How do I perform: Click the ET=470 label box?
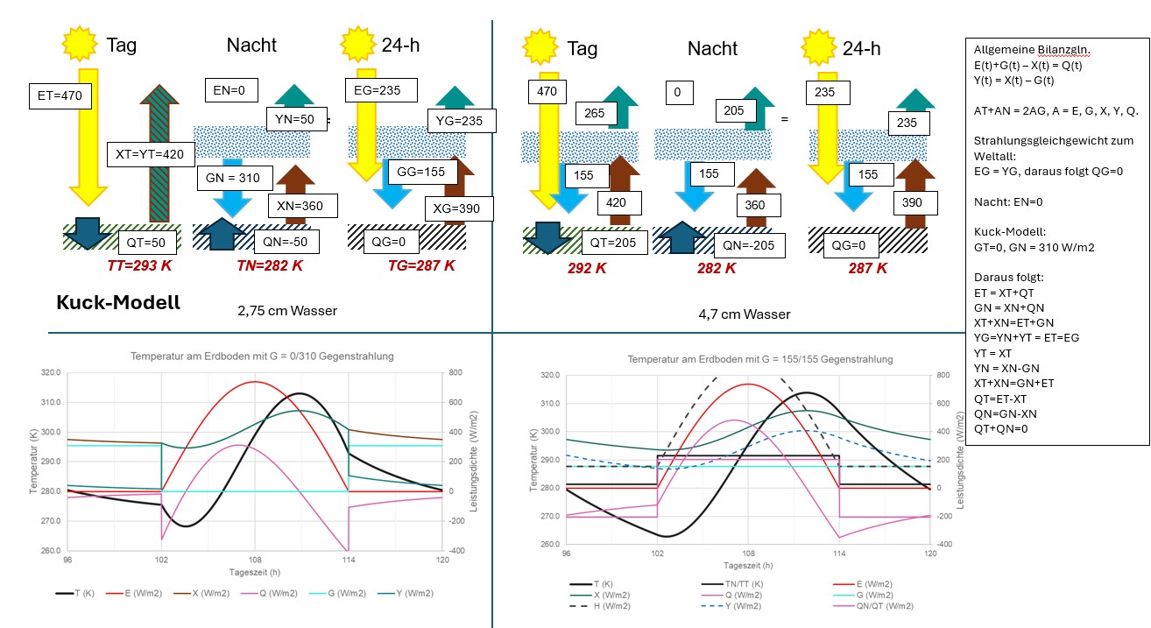tap(59, 95)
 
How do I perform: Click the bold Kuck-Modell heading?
tap(118, 303)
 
